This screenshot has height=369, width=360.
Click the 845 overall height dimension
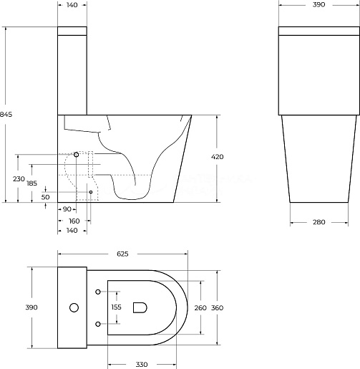(6, 115)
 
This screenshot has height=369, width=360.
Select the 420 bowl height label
(218, 157)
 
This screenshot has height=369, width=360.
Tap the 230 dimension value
(19, 178)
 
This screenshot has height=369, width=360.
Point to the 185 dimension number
(32, 183)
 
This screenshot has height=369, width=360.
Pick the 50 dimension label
(45, 197)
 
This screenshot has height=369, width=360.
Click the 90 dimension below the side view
(67, 209)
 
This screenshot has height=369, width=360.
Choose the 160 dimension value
(74, 221)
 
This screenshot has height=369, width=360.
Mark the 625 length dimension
(122, 254)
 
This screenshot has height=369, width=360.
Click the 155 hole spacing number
(117, 307)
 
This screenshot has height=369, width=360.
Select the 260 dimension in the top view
(200, 308)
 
